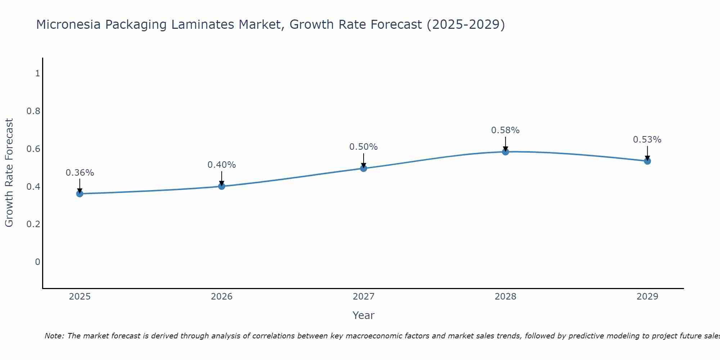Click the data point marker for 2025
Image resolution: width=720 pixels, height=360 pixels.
(x=80, y=194)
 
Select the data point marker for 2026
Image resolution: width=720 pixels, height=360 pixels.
(x=221, y=186)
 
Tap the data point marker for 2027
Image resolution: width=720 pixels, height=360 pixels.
(x=363, y=168)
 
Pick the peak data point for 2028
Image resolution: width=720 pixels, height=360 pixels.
(x=505, y=152)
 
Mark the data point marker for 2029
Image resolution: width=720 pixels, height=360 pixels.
(x=647, y=161)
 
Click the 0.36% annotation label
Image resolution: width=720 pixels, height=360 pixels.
(x=80, y=173)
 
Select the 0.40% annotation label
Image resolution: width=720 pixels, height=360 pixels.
(x=221, y=165)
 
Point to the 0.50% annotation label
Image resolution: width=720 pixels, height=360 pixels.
(x=363, y=147)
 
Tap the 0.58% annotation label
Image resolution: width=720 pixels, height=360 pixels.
(x=505, y=130)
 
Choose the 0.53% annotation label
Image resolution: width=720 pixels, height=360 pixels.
(x=647, y=140)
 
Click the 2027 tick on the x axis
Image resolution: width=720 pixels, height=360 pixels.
(x=363, y=297)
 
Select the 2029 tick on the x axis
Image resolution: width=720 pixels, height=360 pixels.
(x=647, y=297)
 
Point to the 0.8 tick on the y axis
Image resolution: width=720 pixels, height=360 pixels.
(x=33, y=111)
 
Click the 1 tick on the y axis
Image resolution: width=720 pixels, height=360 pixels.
(x=37, y=73)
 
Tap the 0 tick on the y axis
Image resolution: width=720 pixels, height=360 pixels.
(x=37, y=262)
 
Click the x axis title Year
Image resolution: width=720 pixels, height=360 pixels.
(x=363, y=315)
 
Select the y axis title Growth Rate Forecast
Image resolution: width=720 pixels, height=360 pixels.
(x=9, y=173)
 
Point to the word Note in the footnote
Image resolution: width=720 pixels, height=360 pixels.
(x=54, y=336)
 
